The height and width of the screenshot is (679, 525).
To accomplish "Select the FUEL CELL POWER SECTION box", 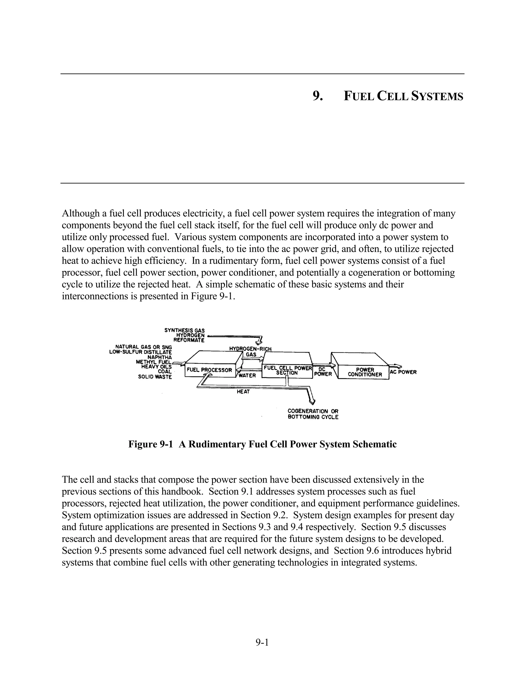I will (287, 370).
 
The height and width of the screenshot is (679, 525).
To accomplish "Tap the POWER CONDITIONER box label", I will (365, 372).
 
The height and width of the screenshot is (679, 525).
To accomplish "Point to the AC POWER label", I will (403, 372).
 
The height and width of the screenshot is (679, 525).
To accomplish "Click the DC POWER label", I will (323, 372).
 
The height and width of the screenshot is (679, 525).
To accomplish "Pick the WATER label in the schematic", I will (247, 376).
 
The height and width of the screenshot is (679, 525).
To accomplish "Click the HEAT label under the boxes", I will (243, 392).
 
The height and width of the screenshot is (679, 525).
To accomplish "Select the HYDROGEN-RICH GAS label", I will (250, 351).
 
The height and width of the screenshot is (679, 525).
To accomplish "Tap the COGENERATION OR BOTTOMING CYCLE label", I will (313, 414).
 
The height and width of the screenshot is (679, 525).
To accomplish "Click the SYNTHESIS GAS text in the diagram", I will (184, 331).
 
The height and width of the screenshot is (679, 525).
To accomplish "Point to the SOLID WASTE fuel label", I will (155, 377).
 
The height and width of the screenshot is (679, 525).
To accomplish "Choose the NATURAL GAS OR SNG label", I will (144, 347).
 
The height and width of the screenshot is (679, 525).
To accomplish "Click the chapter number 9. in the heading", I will (318, 96).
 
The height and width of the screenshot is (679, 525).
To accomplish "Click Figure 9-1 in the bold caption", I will (150, 444).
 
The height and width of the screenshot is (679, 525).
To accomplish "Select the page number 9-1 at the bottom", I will (262, 642).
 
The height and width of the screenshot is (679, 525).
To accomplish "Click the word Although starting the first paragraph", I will (81, 214).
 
